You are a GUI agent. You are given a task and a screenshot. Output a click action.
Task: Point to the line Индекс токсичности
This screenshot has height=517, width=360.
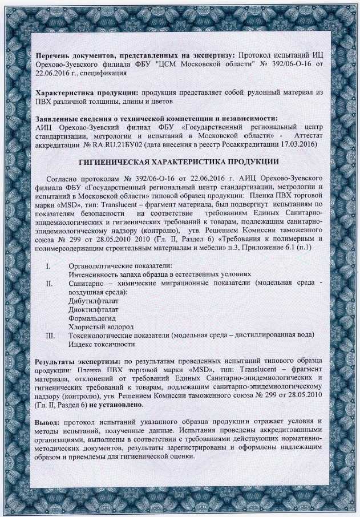[x=102, y=344]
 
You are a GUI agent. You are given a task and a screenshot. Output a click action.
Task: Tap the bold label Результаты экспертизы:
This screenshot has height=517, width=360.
[x=77, y=361]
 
